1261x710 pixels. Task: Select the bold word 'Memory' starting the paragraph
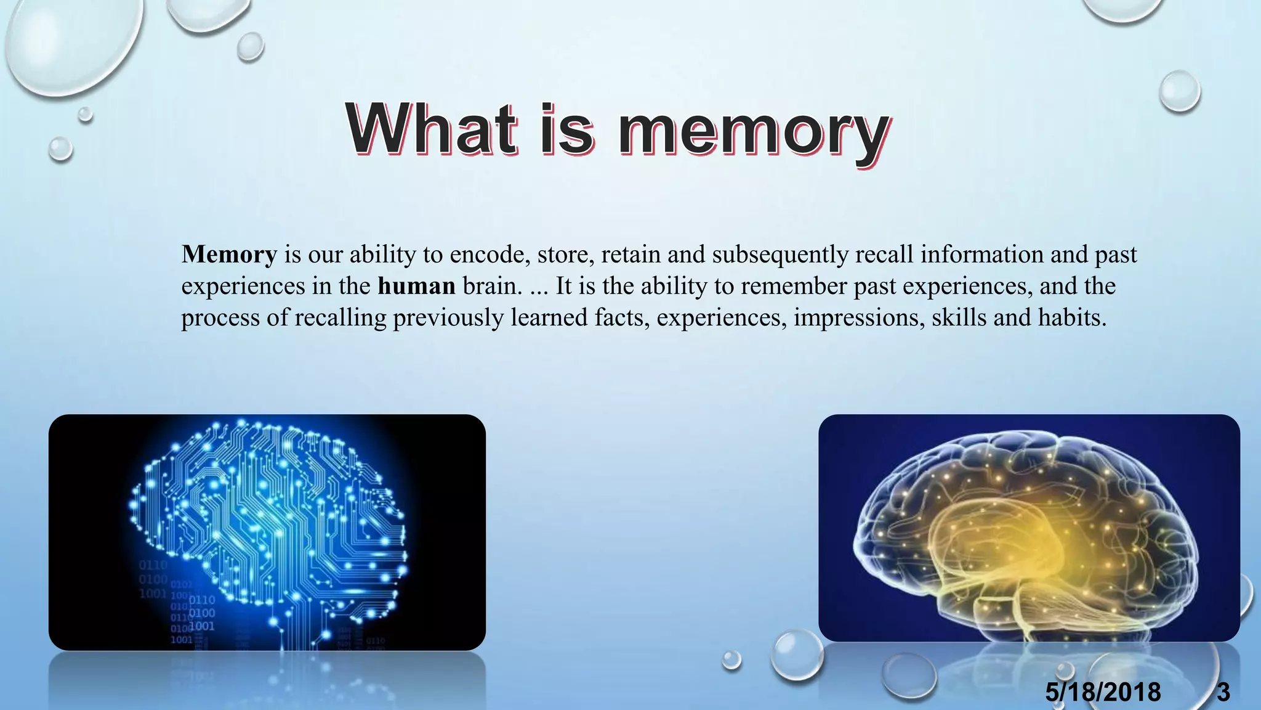229,255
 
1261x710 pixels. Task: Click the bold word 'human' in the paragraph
416,286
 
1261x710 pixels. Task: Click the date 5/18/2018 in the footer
1103,692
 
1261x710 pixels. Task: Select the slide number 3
1223,692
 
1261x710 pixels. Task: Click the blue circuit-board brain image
267,532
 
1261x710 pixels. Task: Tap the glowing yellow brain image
1028,528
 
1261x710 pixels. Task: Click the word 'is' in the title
566,129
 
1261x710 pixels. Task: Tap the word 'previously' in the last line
448,317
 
